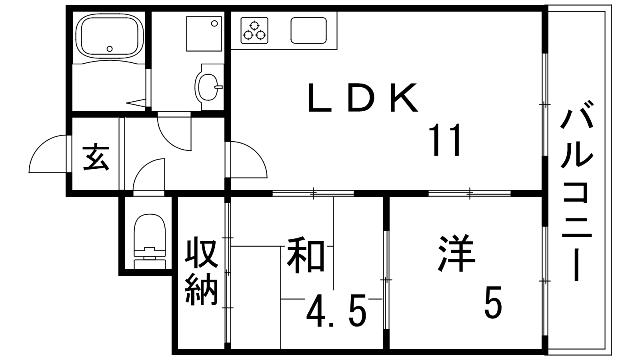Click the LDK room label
(363, 97)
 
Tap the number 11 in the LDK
(446, 140)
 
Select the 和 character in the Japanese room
(306, 255)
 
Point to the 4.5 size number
(336, 310)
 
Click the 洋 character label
(456, 253)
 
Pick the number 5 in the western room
(493, 302)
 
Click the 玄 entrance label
(96, 158)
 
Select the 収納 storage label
(202, 271)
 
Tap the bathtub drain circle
(110, 48)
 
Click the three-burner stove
(254, 30)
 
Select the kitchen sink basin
(308, 30)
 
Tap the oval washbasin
(208, 86)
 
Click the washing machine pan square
(204, 34)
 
